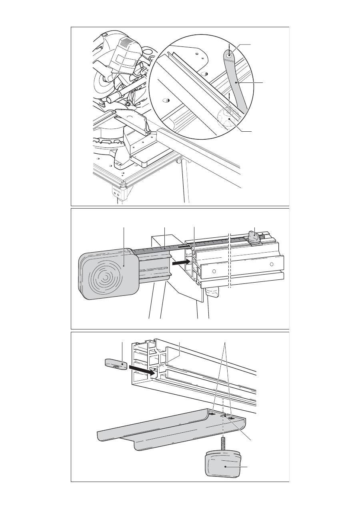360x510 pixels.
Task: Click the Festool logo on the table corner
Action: (116, 187)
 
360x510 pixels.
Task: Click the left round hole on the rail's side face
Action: (214, 271)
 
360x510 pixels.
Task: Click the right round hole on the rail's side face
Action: (272, 264)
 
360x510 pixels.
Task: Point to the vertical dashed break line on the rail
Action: (230, 260)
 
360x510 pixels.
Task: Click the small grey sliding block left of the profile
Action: (116, 365)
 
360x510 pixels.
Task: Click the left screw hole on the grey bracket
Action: (213, 415)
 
